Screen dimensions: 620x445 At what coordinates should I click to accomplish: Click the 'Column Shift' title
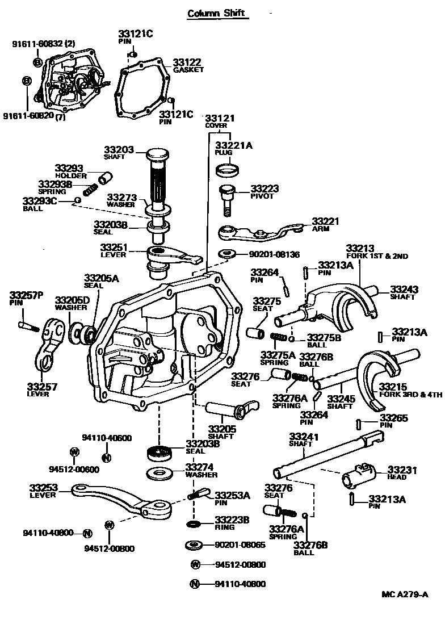click(218, 12)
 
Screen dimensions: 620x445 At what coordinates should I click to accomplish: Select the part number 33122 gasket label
click(187, 62)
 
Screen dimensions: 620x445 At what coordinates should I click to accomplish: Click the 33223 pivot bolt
click(226, 199)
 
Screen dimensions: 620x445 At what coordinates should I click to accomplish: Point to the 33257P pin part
click(27, 326)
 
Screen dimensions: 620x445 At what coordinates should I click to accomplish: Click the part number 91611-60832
click(39, 43)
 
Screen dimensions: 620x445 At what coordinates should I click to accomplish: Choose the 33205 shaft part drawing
click(227, 408)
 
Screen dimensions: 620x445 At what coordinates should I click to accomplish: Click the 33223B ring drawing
click(194, 522)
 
